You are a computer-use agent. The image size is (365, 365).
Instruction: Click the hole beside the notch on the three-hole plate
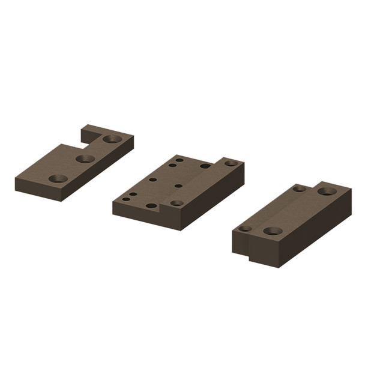coord(112,139)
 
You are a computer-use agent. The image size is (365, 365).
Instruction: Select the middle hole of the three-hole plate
coord(85,158)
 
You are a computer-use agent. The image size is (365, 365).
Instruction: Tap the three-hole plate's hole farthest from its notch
coord(58,178)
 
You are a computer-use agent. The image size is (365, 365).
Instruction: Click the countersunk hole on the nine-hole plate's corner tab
coord(231,163)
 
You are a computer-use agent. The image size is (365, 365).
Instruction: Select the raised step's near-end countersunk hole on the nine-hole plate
coord(176,203)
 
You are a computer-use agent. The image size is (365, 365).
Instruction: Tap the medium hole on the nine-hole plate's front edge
coord(151,205)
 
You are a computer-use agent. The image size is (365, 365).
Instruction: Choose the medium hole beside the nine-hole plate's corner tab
coord(205,166)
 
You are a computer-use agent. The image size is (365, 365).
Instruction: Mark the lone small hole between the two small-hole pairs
coord(153,179)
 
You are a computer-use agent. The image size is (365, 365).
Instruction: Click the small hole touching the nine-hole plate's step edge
coord(178,186)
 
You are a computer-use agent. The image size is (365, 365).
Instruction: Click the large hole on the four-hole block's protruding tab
coord(327,192)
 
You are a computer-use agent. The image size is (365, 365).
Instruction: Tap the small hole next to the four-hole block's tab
coord(299,189)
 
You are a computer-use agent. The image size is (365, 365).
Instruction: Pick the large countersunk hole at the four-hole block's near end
coord(273,231)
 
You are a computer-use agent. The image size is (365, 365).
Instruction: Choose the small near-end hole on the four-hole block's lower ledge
coord(245,228)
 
